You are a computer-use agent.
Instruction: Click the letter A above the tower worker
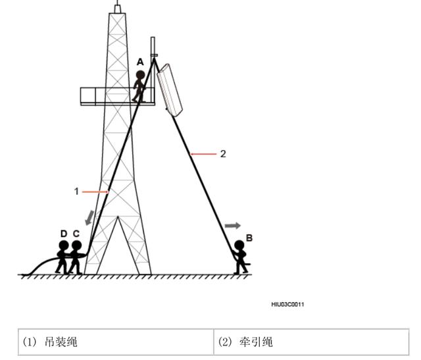click(x=139, y=61)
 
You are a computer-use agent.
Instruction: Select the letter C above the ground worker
click(x=76, y=234)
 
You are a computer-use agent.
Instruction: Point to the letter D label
click(x=63, y=234)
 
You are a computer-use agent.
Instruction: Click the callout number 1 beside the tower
click(x=76, y=191)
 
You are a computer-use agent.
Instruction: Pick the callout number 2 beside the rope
click(x=223, y=153)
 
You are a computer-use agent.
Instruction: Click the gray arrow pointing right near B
click(x=233, y=225)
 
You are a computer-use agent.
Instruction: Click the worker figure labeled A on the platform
click(x=139, y=85)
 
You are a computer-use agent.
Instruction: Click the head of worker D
click(x=63, y=246)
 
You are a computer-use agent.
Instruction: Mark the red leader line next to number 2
click(x=205, y=153)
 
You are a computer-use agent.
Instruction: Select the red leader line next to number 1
click(x=95, y=192)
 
